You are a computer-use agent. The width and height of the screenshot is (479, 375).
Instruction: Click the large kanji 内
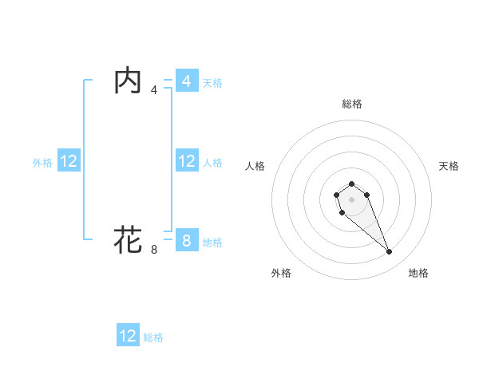(x=128, y=81)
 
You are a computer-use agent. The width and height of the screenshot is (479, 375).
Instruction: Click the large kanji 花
(x=128, y=239)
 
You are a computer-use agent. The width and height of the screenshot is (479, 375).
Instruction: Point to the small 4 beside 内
(x=154, y=90)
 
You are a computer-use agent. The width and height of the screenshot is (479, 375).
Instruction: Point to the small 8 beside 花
(x=154, y=250)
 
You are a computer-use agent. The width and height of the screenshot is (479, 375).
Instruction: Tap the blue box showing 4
(x=186, y=81)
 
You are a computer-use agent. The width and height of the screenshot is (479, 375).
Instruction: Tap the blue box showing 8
(x=186, y=240)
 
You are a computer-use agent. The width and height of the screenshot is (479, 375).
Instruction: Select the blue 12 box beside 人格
(x=186, y=161)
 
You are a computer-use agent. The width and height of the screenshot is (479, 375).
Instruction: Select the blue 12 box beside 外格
(x=69, y=161)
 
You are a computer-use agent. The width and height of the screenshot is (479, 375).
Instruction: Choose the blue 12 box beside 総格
(x=128, y=336)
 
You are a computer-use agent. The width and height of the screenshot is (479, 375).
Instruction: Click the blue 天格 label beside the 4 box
(x=212, y=82)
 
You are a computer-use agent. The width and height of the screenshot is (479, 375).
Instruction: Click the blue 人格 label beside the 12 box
(x=212, y=162)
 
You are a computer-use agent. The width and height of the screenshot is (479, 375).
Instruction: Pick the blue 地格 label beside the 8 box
(x=212, y=241)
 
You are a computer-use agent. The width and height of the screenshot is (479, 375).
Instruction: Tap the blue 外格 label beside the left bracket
(x=42, y=162)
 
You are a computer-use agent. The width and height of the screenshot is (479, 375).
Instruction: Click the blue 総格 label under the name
(x=153, y=337)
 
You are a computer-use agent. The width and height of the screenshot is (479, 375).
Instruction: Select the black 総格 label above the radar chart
(x=352, y=104)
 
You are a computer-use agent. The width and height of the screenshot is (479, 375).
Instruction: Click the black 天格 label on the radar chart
(x=449, y=166)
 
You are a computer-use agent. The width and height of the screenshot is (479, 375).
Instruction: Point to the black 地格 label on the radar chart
(x=418, y=273)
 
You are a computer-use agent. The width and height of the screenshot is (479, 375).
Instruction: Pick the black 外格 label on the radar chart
(x=281, y=273)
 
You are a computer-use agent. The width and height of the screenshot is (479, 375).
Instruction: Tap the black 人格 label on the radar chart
(x=255, y=166)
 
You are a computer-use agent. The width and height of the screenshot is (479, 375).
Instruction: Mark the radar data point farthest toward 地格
(x=390, y=252)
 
